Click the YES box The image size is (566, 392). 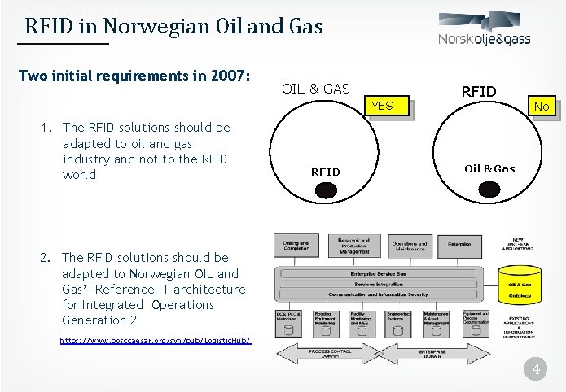(382, 107)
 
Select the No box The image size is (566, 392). (542, 107)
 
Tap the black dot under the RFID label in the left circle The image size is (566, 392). (326, 190)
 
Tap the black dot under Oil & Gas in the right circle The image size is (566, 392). (489, 189)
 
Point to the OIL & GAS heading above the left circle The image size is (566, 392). (315, 89)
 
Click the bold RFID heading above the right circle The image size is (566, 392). (479, 91)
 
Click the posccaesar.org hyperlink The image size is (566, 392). (156, 340)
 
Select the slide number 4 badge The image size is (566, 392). (535, 370)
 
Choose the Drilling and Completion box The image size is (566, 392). (296, 246)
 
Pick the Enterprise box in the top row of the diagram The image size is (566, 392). (459, 244)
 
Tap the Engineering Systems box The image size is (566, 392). (398, 319)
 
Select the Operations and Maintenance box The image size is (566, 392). (409, 246)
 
